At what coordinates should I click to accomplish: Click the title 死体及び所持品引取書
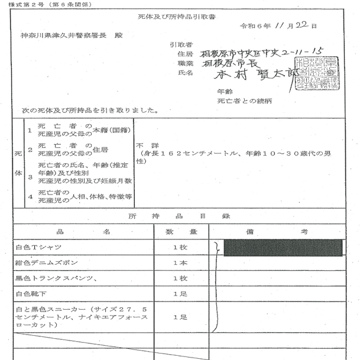click(x=180, y=17)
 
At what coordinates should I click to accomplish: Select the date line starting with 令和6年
click(x=278, y=27)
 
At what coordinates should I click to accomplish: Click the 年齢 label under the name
click(x=225, y=92)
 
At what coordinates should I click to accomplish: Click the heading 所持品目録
click(x=180, y=217)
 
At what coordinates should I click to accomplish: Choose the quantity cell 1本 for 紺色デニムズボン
click(x=180, y=262)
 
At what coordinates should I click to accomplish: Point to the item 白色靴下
click(x=33, y=293)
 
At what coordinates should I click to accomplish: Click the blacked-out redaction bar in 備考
click(x=283, y=248)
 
